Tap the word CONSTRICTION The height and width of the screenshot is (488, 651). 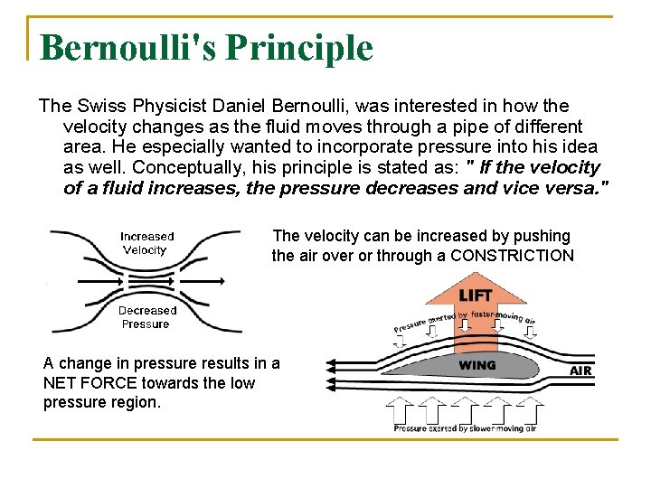pyautogui.click(x=512, y=256)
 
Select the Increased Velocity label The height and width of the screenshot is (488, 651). pyautogui.click(x=146, y=243)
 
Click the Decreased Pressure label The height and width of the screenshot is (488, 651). pyautogui.click(x=147, y=317)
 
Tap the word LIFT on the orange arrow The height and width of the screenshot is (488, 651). pyautogui.click(x=476, y=296)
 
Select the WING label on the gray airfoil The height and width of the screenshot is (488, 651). pyautogui.click(x=477, y=366)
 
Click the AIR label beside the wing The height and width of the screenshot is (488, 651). pyautogui.click(x=581, y=371)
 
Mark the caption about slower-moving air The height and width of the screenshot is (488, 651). pyautogui.click(x=464, y=428)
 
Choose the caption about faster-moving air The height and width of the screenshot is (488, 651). pyautogui.click(x=464, y=321)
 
